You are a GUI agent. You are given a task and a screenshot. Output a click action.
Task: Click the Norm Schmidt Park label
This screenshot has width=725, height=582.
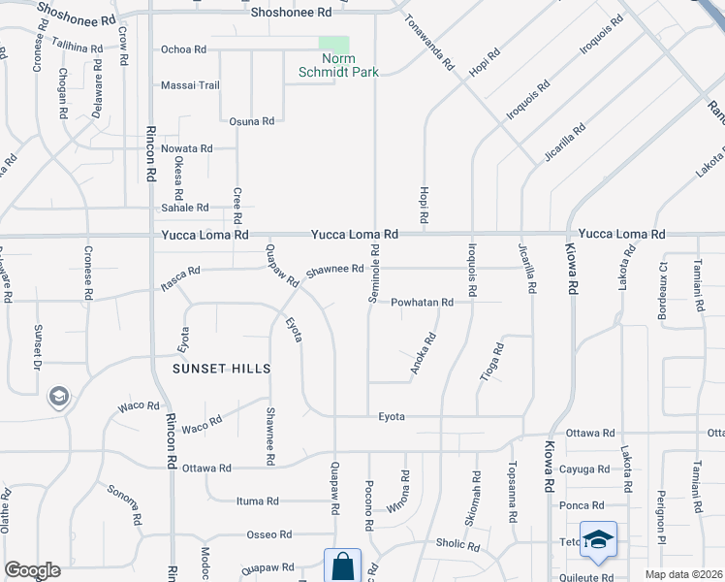336,65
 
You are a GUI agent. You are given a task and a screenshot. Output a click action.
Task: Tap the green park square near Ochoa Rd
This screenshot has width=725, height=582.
334,44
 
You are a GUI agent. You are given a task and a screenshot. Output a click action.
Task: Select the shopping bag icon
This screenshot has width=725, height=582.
342,566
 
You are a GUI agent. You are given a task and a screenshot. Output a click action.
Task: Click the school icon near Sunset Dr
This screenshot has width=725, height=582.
57,396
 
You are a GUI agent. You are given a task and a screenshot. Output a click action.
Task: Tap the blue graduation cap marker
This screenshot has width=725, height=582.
599,541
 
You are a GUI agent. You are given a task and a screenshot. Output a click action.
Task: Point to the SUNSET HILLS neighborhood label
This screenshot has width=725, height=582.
221,370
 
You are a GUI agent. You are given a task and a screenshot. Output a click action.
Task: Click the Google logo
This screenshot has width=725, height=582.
32,570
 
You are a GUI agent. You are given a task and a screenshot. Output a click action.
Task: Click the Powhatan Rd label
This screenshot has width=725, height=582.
423,303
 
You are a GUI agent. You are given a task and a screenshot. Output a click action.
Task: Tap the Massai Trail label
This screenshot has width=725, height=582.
190,85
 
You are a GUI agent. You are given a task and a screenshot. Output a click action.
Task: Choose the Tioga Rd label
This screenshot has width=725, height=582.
491,361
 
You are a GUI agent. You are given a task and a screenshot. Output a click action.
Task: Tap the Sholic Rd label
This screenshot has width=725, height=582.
457,546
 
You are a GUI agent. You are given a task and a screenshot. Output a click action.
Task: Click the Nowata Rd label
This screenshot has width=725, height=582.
186,148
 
